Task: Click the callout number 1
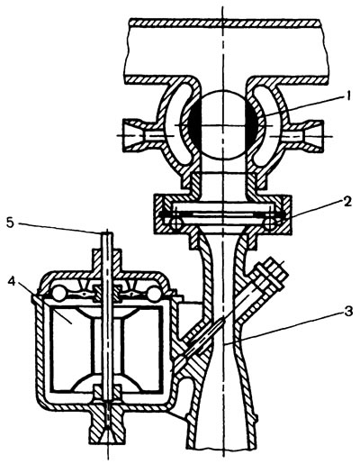(347, 97)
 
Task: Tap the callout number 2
(347, 202)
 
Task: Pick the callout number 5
(10, 223)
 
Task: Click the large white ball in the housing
(223, 124)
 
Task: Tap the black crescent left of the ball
(193, 124)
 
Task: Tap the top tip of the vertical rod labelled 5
(107, 232)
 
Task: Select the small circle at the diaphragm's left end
(59, 292)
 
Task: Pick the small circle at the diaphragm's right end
(154, 292)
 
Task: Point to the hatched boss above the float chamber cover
(107, 259)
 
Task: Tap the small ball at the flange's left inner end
(174, 223)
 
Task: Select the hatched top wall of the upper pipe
(224, 23)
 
